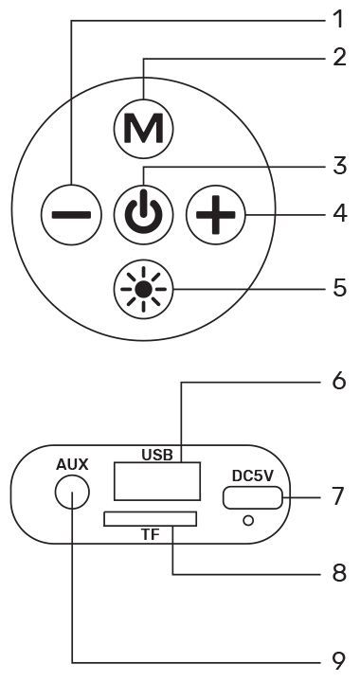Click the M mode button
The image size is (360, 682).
(143, 128)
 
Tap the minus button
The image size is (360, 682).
(71, 214)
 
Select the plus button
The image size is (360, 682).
(216, 214)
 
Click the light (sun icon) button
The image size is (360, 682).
(143, 288)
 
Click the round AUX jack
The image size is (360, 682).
(72, 493)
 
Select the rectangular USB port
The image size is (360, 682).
(157, 481)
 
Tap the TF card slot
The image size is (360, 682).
(150, 519)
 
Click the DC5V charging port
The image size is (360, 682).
(252, 497)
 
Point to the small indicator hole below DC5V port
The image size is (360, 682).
(248, 520)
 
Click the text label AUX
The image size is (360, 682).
(72, 464)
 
